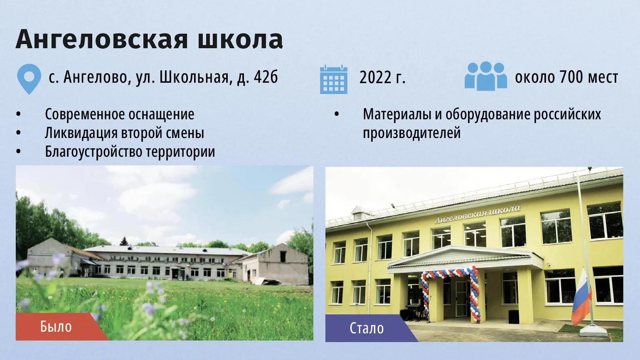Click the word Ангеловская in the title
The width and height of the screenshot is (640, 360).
click(102, 39)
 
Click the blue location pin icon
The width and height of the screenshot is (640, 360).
click(29, 79)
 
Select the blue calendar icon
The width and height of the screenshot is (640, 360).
click(334, 79)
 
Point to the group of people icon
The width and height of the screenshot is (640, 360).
click(486, 76)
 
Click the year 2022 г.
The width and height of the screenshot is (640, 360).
click(382, 77)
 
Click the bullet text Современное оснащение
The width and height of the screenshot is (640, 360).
click(119, 114)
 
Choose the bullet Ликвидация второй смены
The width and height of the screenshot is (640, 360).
click(124, 133)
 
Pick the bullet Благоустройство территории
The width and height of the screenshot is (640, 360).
click(130, 152)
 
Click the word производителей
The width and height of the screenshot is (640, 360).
click(412, 133)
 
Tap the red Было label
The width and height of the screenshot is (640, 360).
click(57, 327)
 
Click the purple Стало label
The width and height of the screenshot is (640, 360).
click(367, 328)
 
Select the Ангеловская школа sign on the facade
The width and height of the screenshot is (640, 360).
click(478, 214)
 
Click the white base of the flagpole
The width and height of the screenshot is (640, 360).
click(593, 331)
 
